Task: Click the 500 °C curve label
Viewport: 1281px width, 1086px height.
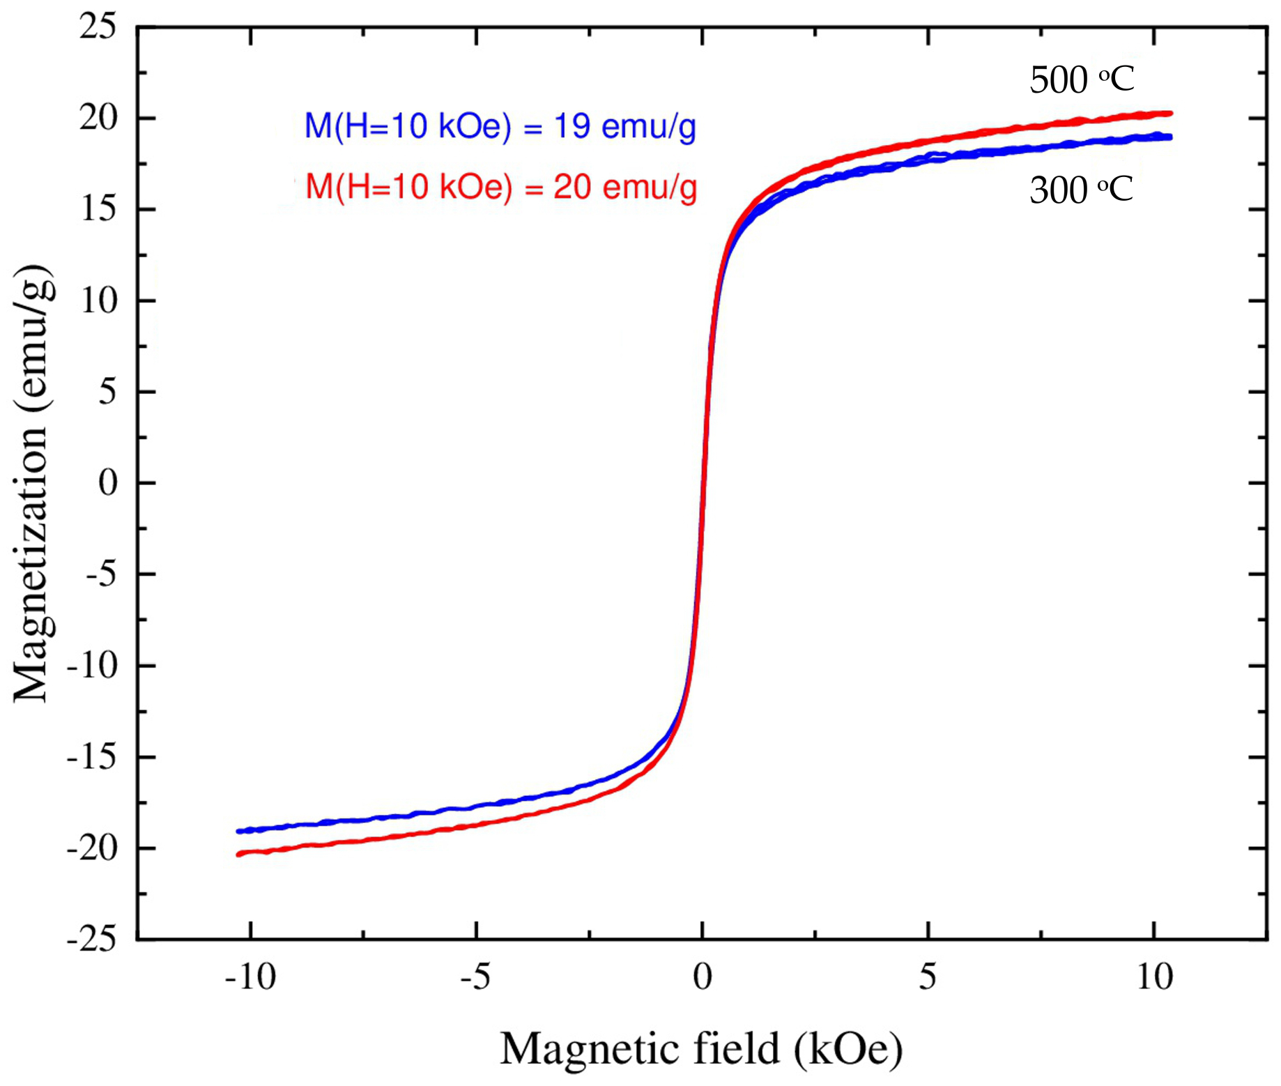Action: [x=1081, y=79]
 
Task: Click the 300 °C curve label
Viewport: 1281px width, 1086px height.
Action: [x=1081, y=190]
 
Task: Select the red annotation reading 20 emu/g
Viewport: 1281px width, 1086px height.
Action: [x=501, y=187]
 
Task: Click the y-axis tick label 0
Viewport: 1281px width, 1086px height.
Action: [x=107, y=482]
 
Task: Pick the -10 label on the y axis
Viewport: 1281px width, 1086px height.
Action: [x=91, y=666]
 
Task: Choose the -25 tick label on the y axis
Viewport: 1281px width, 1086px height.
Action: [x=91, y=940]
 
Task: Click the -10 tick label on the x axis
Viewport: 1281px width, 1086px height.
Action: [x=250, y=977]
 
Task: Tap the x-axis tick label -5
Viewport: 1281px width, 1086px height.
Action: [x=475, y=977]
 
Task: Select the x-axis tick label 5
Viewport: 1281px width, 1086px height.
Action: [x=927, y=977]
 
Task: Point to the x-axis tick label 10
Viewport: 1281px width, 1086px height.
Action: [x=1154, y=977]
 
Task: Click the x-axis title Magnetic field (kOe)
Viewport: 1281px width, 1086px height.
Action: [x=700, y=1048]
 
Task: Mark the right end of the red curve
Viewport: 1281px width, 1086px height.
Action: [x=1170, y=113]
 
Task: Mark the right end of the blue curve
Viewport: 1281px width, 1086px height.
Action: [x=1170, y=137]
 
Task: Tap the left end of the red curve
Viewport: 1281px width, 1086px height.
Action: [x=239, y=854]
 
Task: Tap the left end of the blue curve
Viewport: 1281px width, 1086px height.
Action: [x=239, y=831]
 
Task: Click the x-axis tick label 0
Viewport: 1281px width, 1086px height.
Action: [x=702, y=977]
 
